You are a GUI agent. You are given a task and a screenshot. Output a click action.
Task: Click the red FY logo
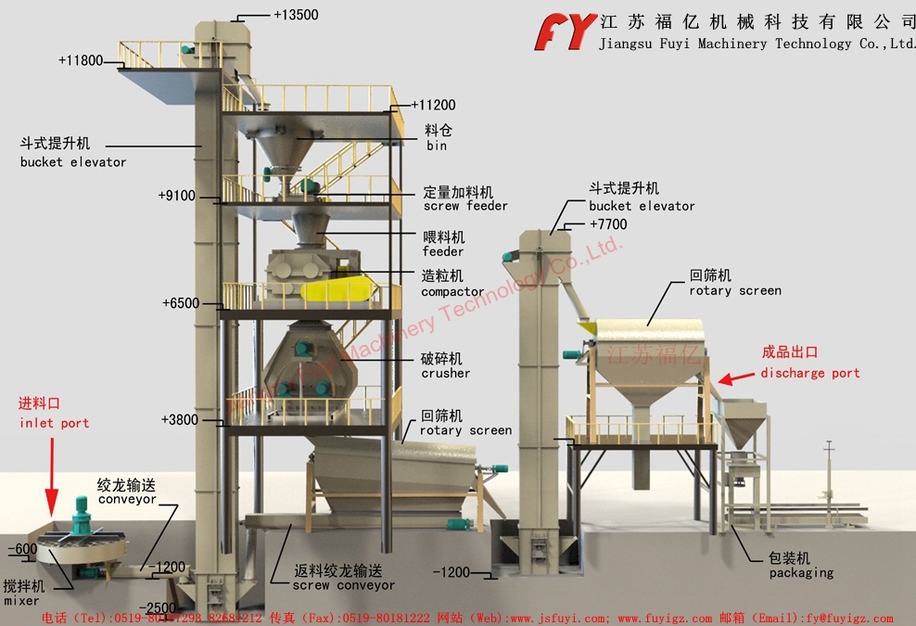(x=565, y=31)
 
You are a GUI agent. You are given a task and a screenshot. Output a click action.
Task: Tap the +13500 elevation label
(x=296, y=15)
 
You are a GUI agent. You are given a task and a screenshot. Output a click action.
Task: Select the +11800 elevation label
(x=82, y=60)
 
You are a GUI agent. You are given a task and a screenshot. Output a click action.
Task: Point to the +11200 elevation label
(x=433, y=105)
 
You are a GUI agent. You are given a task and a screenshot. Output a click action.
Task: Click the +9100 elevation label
(x=176, y=196)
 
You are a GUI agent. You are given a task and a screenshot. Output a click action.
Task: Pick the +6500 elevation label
(x=180, y=303)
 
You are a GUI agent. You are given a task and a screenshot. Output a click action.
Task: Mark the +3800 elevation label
(x=179, y=419)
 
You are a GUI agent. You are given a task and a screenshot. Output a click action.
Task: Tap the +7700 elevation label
(x=608, y=224)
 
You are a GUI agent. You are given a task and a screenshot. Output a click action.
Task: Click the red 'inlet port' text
(x=54, y=423)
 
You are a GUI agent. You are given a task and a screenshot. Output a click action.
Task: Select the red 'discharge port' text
(x=809, y=373)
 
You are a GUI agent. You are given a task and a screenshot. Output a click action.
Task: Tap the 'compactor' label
(x=452, y=292)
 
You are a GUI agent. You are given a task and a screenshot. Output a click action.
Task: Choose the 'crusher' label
(x=445, y=373)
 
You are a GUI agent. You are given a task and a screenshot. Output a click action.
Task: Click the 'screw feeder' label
(x=465, y=206)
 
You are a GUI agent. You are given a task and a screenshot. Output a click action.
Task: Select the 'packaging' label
(x=800, y=573)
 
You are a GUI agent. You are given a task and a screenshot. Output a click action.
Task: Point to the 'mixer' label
(x=21, y=601)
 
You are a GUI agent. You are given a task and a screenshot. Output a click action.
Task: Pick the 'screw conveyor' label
(x=343, y=585)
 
